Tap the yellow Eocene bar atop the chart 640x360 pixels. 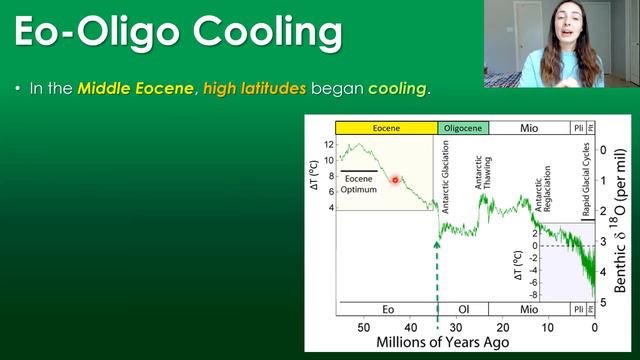click(387, 128)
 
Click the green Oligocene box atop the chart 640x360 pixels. click(463, 128)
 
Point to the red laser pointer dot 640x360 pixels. click(396, 180)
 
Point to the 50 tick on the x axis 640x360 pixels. click(363, 327)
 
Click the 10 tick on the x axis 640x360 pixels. click(548, 327)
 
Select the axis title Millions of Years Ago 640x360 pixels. click(442, 343)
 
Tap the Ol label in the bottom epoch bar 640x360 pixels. click(463, 310)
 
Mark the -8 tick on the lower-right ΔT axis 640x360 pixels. click(536, 295)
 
